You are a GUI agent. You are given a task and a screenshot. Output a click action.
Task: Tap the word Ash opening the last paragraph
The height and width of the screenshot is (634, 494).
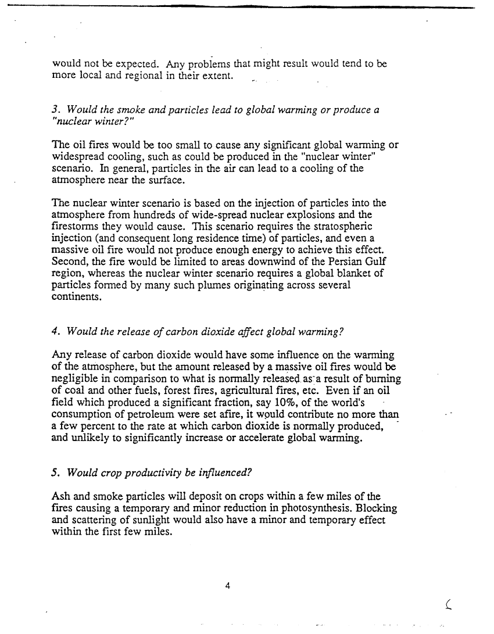click(61, 497)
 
